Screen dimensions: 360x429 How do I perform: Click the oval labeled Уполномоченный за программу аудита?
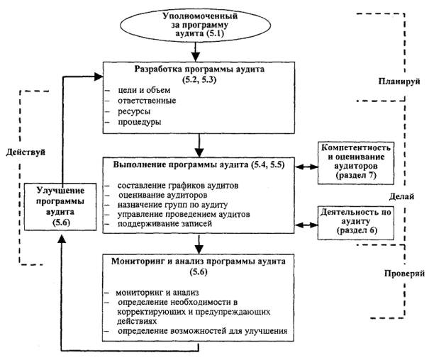(199, 25)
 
